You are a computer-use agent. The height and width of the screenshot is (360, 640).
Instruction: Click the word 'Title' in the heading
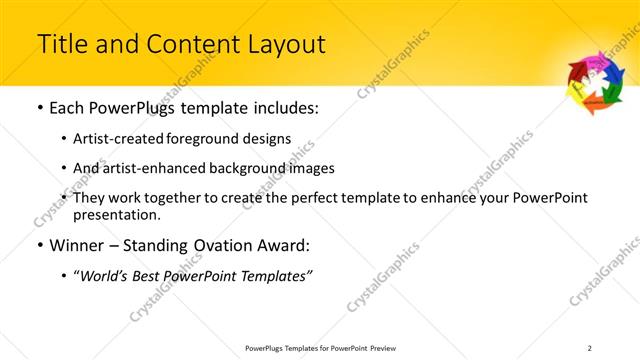[59, 45]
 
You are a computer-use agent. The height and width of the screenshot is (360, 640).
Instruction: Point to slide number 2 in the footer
[590, 347]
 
